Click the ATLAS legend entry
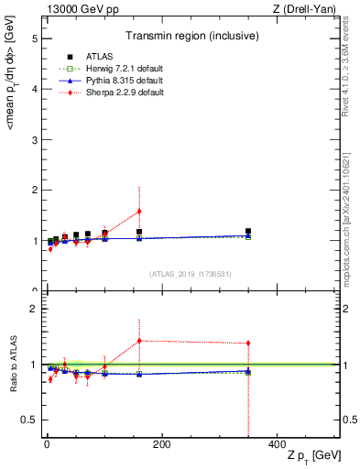pos(87,57)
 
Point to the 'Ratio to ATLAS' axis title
pos(12,365)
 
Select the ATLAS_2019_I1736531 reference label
pos(190,274)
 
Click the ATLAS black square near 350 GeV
pos(248,232)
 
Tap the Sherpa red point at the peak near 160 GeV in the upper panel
pos(139,211)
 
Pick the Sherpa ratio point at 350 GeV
pos(248,344)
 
